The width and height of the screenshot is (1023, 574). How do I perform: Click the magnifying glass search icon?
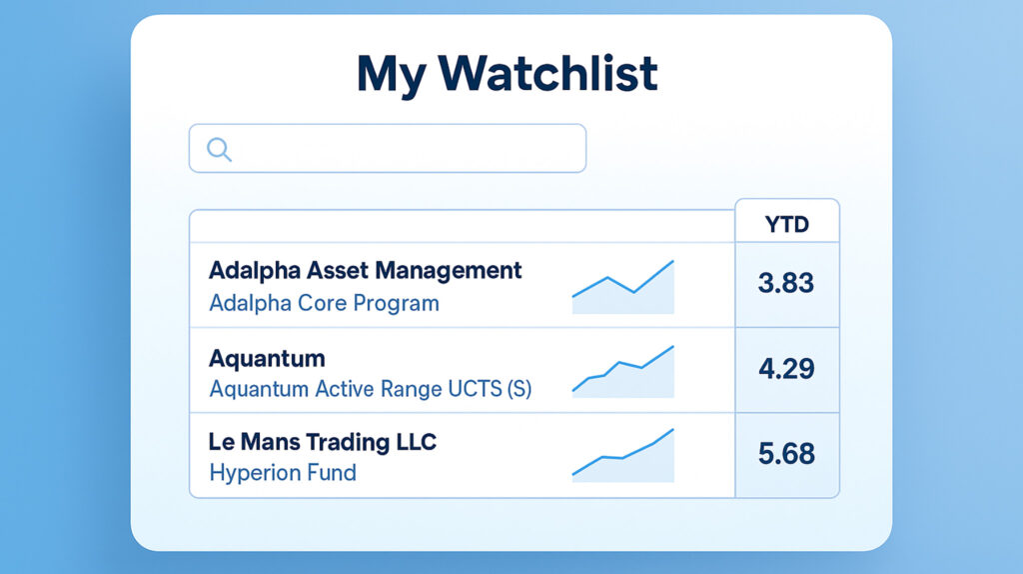point(219,149)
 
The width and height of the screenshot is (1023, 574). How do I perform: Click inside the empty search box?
point(400,148)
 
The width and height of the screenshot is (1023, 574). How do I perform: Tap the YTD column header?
point(786,225)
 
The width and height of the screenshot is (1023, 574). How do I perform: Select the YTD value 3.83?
point(786,283)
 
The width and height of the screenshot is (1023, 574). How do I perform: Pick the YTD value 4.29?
point(786,368)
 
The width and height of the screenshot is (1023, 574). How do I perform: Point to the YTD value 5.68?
point(786,454)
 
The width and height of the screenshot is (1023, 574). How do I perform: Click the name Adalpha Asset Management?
point(366,270)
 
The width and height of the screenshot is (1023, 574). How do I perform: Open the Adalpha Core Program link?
point(324,302)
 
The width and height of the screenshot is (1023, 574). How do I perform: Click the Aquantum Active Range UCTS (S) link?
point(370,389)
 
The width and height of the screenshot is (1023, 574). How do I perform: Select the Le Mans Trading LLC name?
point(323,441)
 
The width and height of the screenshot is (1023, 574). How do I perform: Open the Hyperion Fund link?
point(283,472)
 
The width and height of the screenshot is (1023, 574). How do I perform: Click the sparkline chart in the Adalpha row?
point(623,288)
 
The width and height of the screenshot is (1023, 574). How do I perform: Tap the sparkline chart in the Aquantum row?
point(623,373)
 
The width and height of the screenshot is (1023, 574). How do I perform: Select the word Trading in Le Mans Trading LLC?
point(341,441)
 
